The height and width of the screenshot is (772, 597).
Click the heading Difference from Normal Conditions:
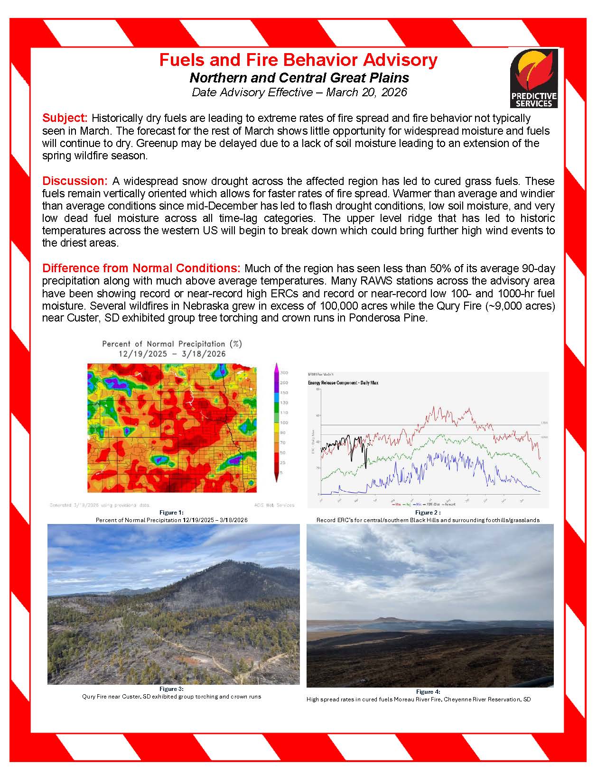141,268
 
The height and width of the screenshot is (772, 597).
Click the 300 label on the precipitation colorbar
284,373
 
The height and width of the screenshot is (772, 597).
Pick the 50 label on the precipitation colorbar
283,452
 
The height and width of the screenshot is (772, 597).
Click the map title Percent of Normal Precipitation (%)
172,344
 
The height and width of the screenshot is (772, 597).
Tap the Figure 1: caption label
171,513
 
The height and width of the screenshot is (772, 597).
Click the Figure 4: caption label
428,692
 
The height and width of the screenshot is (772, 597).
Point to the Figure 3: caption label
171,689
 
